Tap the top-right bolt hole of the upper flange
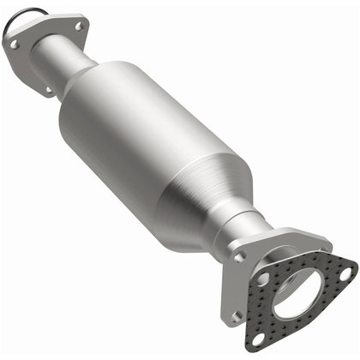[78, 27]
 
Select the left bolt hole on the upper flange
[14, 42]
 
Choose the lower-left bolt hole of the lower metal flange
[236, 315]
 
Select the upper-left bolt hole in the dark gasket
[262, 279]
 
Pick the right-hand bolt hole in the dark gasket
[345, 275]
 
